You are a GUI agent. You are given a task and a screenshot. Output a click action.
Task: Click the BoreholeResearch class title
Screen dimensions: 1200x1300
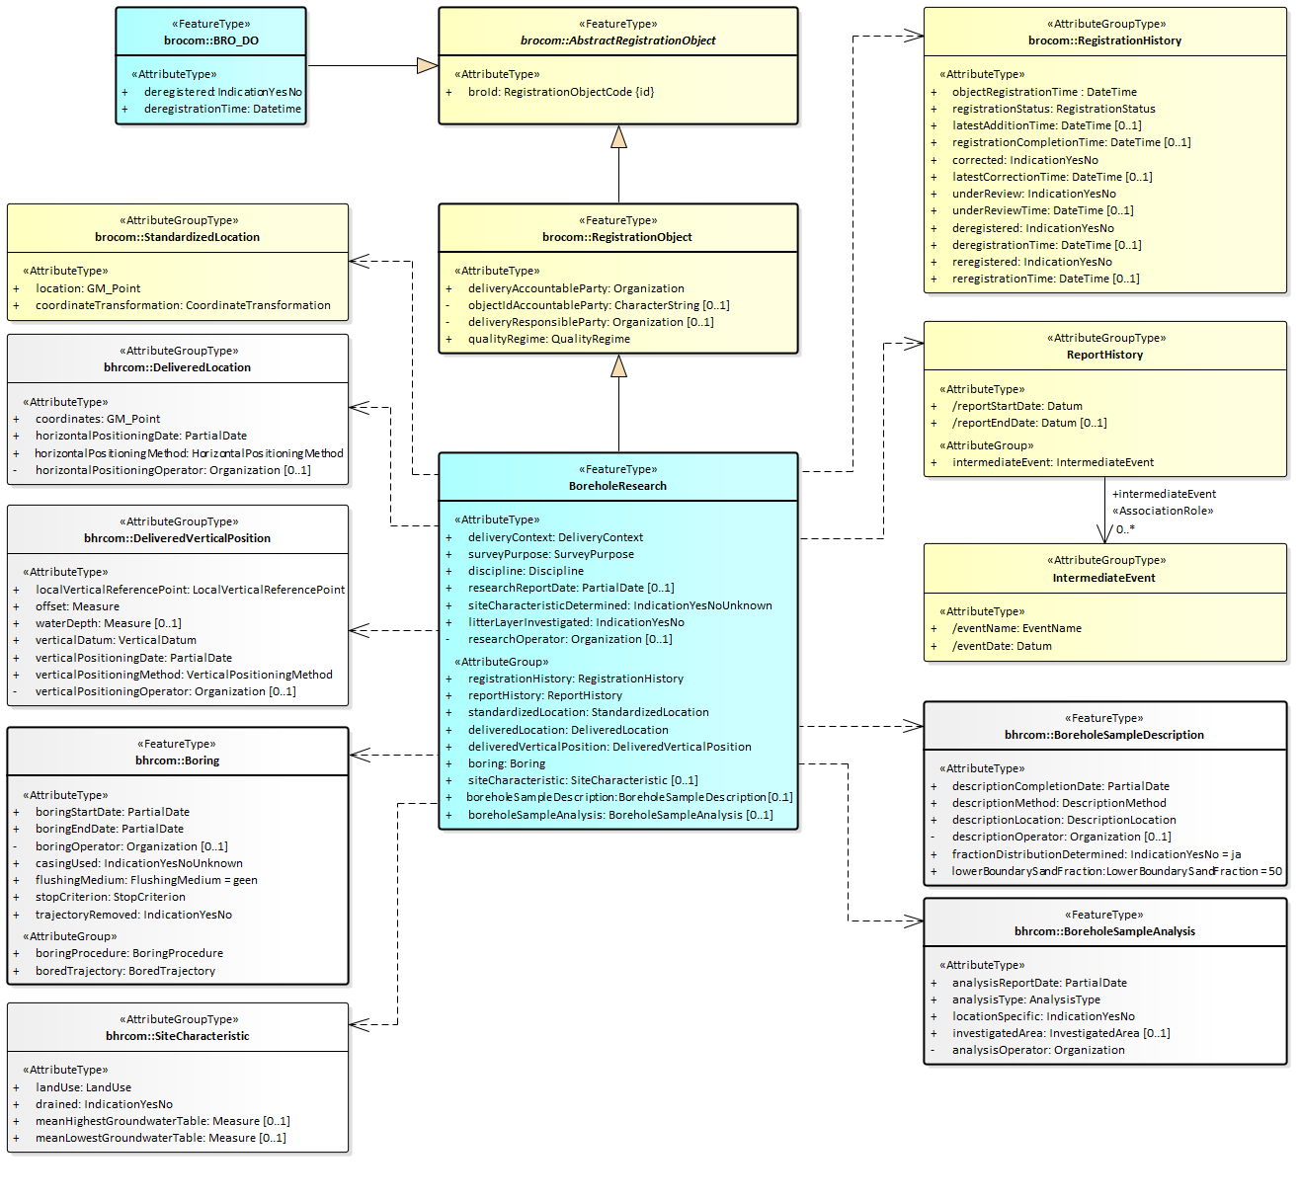click(x=617, y=486)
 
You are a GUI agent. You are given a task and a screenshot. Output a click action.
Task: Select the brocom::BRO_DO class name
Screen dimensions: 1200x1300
click(x=211, y=40)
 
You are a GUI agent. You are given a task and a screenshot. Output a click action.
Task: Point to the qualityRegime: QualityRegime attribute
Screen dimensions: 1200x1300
click(x=548, y=339)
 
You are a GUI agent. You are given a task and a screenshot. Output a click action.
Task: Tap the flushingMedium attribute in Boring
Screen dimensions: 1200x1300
click(x=146, y=880)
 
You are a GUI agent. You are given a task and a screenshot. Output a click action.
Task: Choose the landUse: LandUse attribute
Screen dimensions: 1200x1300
click(x=83, y=1087)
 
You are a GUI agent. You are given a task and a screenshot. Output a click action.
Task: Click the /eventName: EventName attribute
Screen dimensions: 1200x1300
click(x=1016, y=628)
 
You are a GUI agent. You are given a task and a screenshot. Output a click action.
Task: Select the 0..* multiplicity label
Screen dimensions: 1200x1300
click(x=1125, y=529)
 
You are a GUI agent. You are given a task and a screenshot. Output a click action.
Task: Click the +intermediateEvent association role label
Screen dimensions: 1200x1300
click(x=1164, y=494)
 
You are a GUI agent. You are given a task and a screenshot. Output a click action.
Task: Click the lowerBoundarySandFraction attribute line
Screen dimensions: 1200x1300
click(x=1116, y=871)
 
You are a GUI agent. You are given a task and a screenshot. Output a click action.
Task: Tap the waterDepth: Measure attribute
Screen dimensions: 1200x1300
click(x=109, y=623)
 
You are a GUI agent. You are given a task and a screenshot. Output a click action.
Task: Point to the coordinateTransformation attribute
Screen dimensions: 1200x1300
click(x=183, y=305)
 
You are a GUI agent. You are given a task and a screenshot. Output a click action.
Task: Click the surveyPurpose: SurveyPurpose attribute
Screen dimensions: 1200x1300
click(x=550, y=554)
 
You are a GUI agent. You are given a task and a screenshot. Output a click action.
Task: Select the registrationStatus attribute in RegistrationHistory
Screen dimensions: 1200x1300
click(x=1053, y=109)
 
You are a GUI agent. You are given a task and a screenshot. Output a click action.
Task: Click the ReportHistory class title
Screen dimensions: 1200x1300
click(x=1104, y=355)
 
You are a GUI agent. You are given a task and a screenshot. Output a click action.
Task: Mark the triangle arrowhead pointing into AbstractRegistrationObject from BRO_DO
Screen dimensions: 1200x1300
click(x=427, y=66)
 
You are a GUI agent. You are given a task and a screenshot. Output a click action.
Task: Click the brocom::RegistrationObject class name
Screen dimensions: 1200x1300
click(x=617, y=237)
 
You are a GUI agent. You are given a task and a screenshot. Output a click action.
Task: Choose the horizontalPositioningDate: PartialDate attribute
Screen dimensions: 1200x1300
click(x=141, y=436)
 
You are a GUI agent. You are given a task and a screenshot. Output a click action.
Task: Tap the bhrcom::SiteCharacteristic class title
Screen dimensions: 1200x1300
click(x=178, y=1036)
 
